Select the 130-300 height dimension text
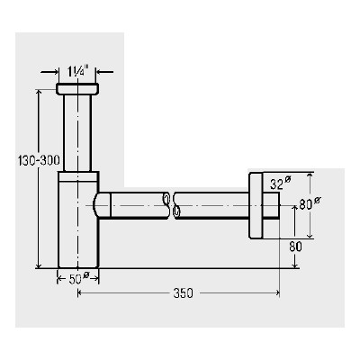pyautogui.click(x=38, y=160)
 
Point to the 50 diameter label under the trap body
pyautogui.click(x=78, y=278)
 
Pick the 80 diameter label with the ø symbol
pyautogui.click(x=307, y=203)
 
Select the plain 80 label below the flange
pyautogui.click(x=297, y=245)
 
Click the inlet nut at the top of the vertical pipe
pyautogui.click(x=78, y=89)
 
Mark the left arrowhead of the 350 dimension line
pyautogui.click(x=82, y=293)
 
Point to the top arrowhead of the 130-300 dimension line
pyautogui.click(x=39, y=91)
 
